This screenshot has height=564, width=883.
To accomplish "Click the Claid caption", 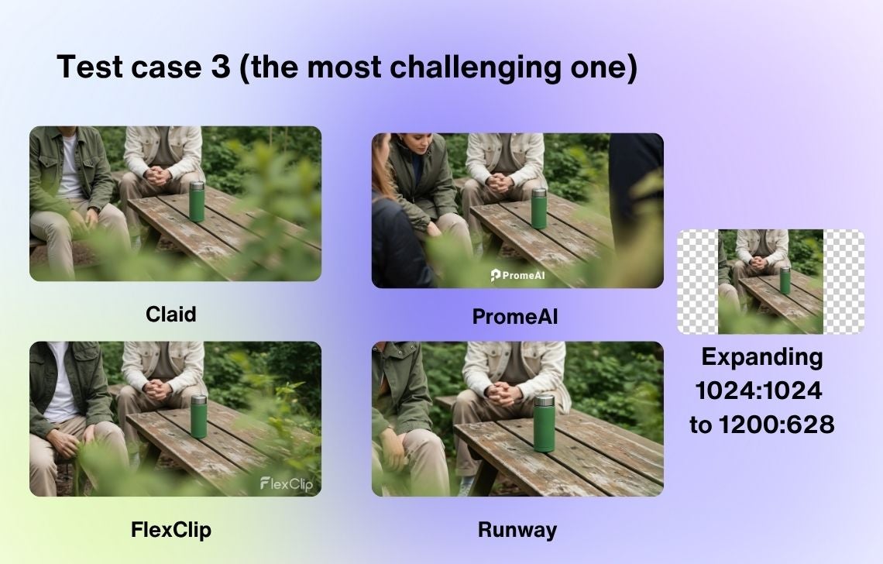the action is click(x=170, y=315).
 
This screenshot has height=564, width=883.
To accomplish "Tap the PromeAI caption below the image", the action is click(x=515, y=317).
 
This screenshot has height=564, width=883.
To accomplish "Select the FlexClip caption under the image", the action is click(x=171, y=530).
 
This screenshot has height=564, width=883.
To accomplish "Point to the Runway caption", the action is click(x=517, y=530).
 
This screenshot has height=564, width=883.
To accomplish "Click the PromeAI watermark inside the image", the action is click(x=518, y=276).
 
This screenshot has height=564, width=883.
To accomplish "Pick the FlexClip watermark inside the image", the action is click(x=287, y=484).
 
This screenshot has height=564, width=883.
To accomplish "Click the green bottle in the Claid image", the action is click(x=197, y=201).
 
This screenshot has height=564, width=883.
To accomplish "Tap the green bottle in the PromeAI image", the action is click(x=539, y=208).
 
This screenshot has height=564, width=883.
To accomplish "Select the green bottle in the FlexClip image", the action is click(x=199, y=416).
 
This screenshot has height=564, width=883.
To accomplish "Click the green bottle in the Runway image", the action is click(x=544, y=423).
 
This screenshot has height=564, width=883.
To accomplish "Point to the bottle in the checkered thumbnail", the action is click(x=785, y=280).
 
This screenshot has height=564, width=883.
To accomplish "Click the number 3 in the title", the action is click(x=221, y=67).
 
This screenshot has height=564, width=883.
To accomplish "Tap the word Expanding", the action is click(x=762, y=358).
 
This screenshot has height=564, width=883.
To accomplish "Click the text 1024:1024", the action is click(x=759, y=390).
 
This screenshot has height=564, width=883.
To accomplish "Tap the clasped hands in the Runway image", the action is click(x=503, y=394).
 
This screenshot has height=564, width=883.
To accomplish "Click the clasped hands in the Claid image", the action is click(x=160, y=176).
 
